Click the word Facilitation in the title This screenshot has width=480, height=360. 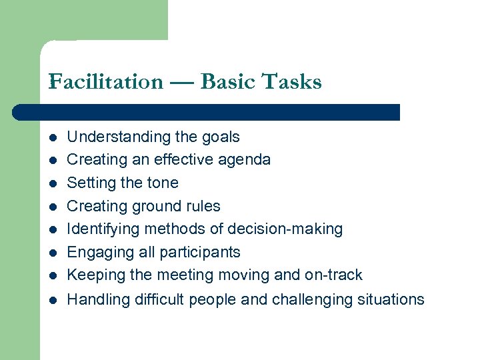[105, 82]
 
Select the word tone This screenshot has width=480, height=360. [163, 183]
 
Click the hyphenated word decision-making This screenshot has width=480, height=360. [285, 229]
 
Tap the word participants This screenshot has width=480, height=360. [200, 253]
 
